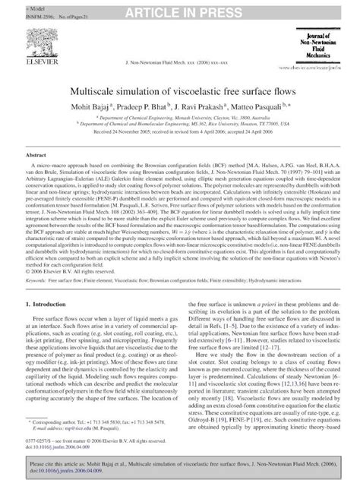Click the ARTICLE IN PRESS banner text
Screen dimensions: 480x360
click(x=179, y=9)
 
